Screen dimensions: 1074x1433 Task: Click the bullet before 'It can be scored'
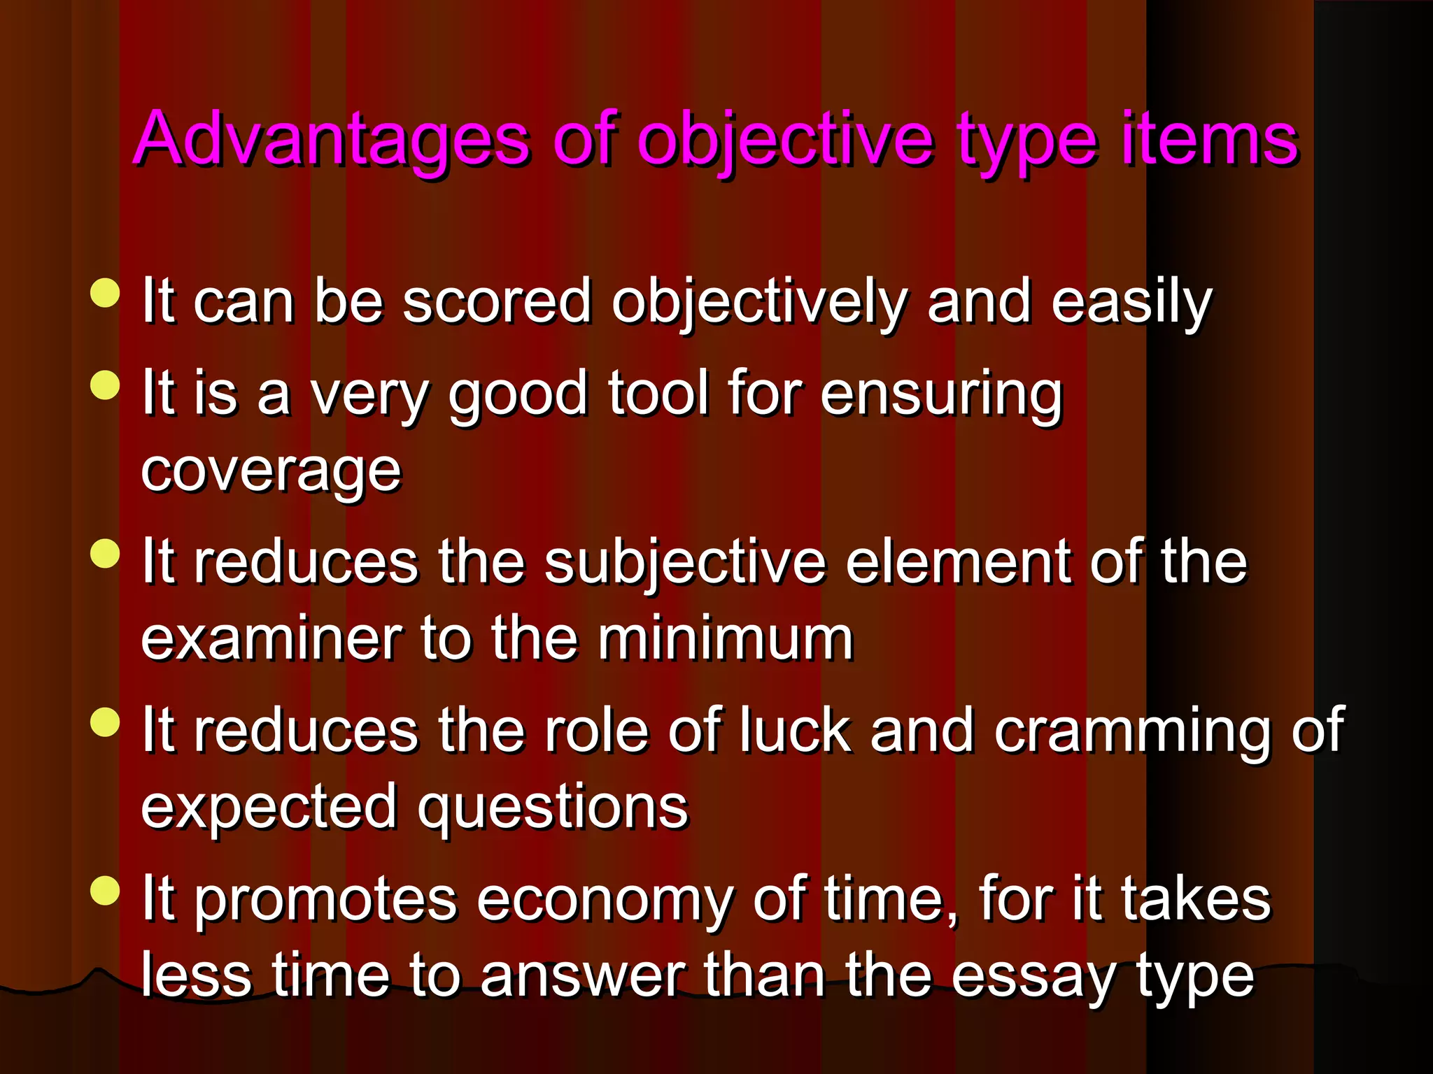point(106,293)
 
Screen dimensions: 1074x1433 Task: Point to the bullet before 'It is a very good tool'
point(106,385)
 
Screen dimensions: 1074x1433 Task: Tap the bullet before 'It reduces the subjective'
point(106,554)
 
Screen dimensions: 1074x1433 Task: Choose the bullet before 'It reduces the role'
point(106,722)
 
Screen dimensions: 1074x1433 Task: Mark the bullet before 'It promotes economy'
point(106,891)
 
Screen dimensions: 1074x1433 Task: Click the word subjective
point(685,564)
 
